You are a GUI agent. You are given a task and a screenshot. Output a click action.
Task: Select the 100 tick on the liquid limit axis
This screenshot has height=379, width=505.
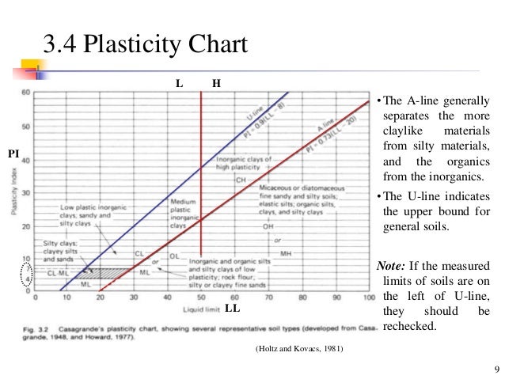(x=368, y=299)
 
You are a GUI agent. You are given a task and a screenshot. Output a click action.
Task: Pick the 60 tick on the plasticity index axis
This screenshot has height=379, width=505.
(x=27, y=93)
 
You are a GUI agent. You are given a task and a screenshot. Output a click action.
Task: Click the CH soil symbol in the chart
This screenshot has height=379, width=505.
(x=241, y=180)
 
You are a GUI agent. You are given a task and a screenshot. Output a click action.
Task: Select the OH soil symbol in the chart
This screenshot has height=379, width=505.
(x=268, y=226)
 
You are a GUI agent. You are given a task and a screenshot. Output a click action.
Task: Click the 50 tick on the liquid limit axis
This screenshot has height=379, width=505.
(x=201, y=299)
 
